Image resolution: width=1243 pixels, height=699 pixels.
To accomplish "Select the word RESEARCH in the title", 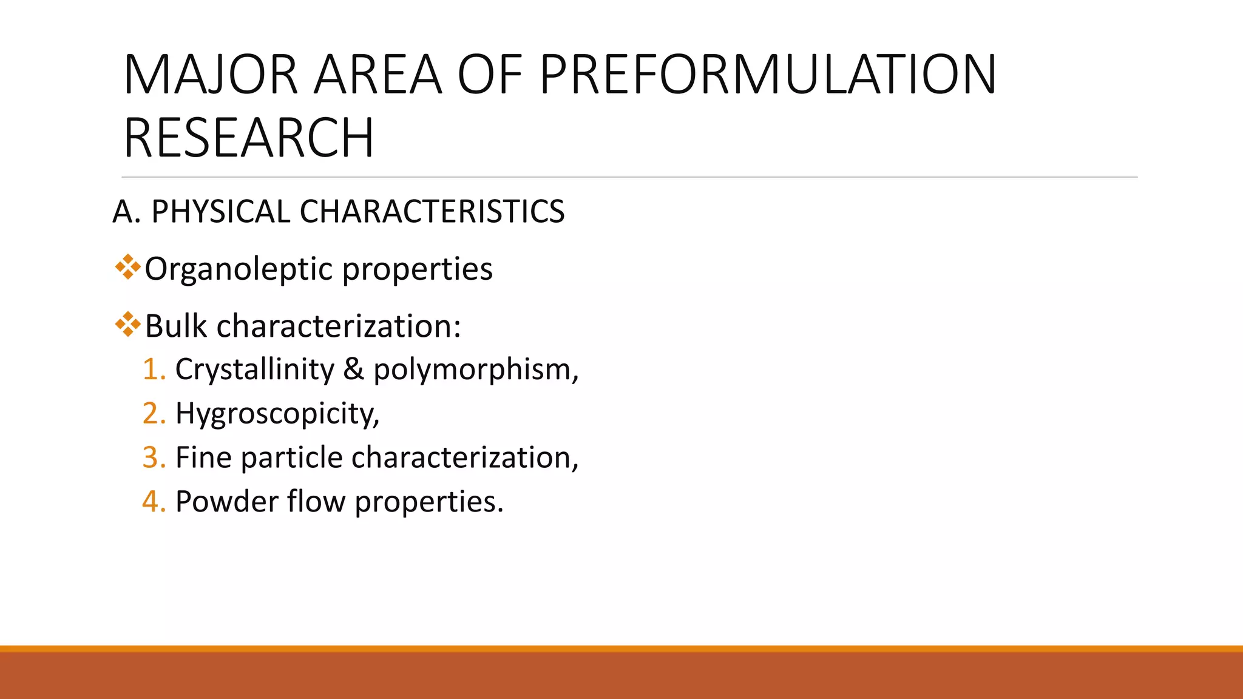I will tap(249, 138).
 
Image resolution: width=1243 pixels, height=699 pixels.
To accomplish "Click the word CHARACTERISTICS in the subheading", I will tap(432, 212).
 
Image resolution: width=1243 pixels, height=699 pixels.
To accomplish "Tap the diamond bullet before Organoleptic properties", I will tap(127, 267).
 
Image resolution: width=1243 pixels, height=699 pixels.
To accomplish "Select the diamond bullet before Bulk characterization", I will tap(127, 325).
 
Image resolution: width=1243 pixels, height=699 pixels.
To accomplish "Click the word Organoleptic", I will tap(239, 269).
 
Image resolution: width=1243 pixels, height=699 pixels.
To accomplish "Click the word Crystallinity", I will tap(254, 370).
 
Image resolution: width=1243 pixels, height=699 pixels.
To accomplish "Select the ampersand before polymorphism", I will tap(353, 370).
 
